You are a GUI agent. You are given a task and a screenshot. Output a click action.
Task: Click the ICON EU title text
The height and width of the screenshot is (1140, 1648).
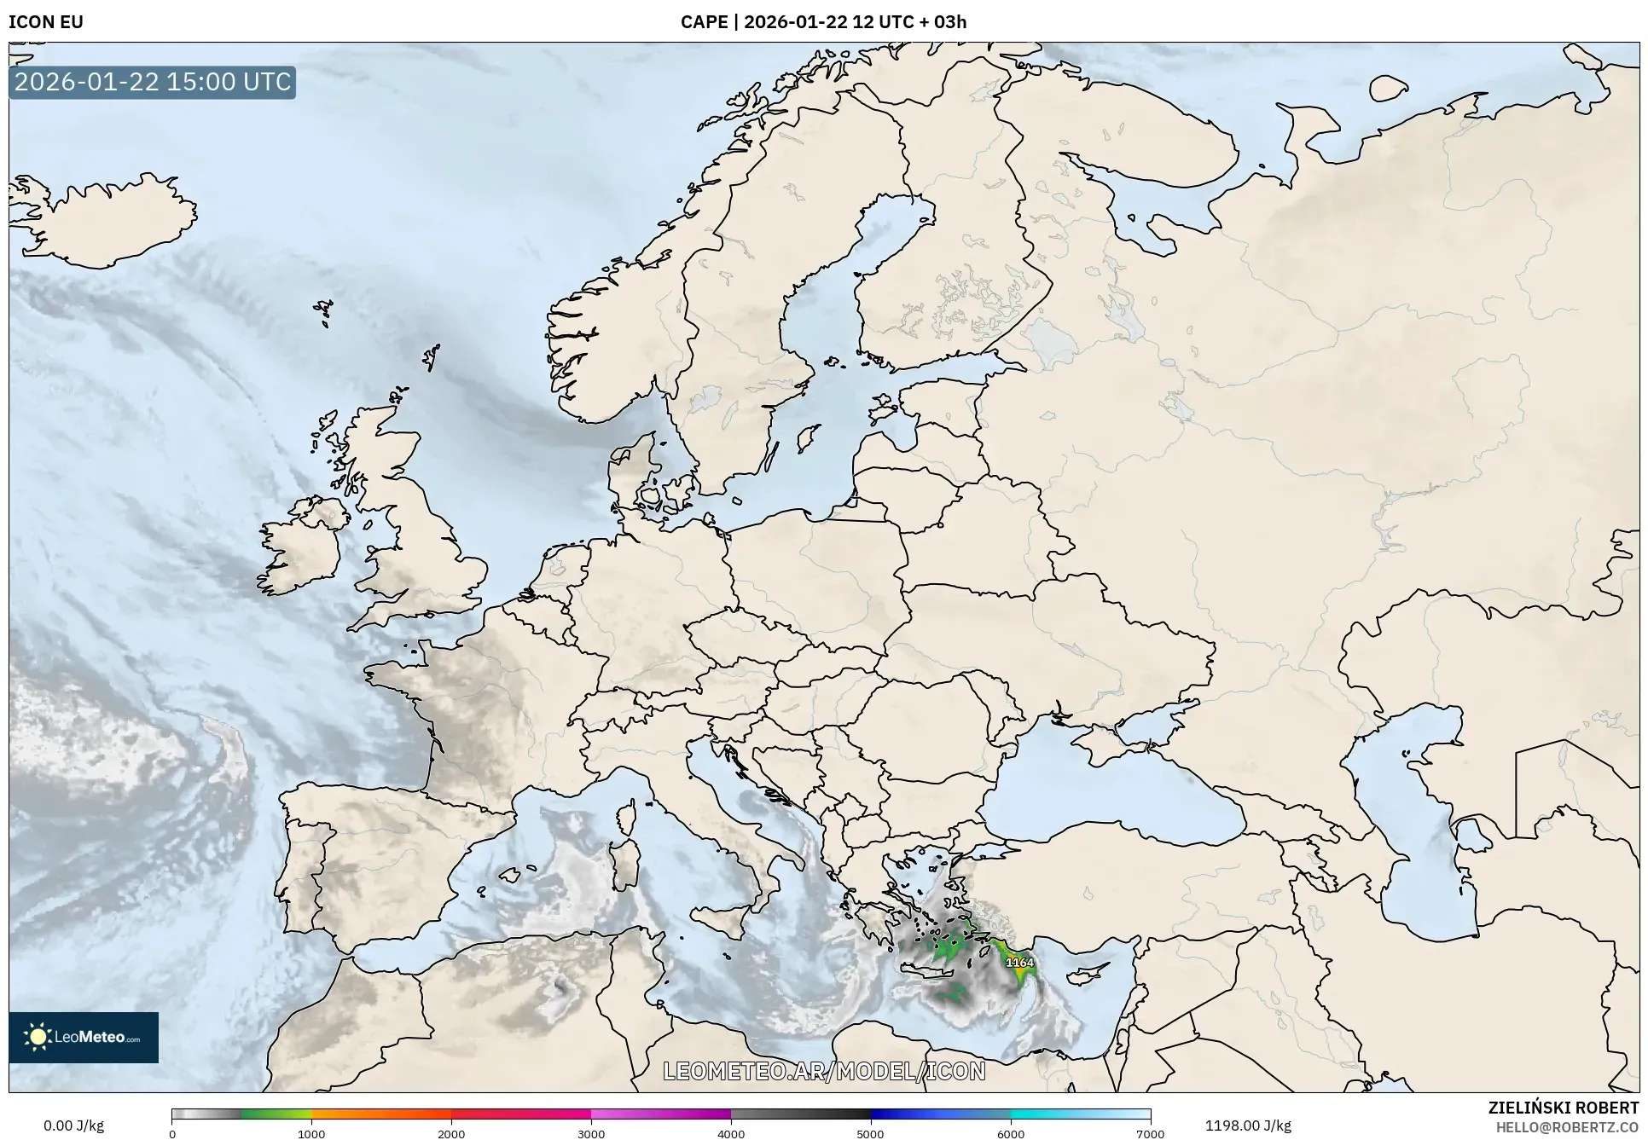[x=46, y=22]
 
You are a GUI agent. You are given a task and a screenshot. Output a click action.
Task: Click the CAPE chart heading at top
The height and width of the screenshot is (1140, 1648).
[x=823, y=22]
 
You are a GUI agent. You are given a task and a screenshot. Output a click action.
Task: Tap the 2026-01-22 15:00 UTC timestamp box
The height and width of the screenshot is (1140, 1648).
[x=153, y=82]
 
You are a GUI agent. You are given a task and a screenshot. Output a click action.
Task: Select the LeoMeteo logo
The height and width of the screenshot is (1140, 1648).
[x=84, y=1037]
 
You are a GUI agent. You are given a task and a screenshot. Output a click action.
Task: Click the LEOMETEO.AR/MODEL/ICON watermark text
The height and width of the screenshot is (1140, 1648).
[x=824, y=1071]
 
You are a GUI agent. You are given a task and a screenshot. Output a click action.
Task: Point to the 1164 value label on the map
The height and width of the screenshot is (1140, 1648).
[x=1019, y=963]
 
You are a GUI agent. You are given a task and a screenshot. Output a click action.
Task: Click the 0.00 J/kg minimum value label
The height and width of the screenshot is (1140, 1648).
[x=73, y=1126]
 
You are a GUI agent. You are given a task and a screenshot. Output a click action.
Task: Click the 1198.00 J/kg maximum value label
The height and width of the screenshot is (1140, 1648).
[x=1247, y=1126]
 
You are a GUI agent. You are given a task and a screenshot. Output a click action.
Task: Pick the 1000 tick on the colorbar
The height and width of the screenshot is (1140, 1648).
[x=311, y=1134]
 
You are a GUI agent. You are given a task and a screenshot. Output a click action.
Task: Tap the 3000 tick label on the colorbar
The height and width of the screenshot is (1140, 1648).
[x=591, y=1134]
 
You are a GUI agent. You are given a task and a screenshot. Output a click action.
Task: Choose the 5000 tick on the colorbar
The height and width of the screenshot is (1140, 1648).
[x=870, y=1134]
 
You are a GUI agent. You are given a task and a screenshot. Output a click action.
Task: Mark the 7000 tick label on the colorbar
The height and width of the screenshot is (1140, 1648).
[x=1150, y=1134]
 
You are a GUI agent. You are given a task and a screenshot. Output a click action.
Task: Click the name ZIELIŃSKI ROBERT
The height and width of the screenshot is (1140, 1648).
[x=1564, y=1108]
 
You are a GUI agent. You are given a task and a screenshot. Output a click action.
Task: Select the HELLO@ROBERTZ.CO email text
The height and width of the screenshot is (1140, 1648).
[x=1567, y=1127]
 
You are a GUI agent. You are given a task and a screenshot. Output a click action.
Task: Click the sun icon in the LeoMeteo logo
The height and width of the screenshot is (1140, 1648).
[x=38, y=1037]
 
